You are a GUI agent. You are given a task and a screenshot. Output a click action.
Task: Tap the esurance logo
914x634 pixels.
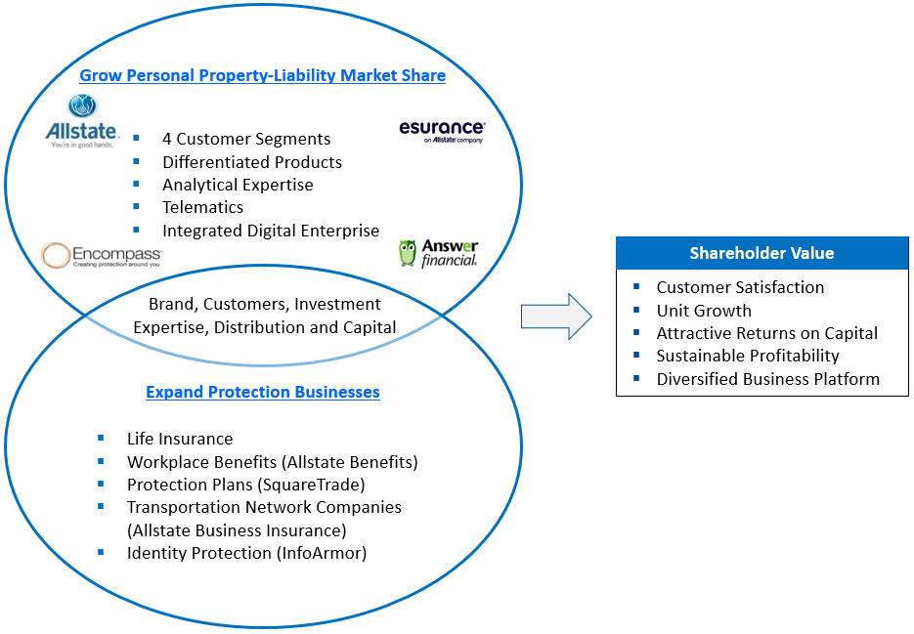click(442, 130)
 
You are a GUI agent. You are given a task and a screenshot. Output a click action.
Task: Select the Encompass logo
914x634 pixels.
click(101, 256)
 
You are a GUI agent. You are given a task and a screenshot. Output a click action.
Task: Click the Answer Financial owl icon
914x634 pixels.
click(408, 254)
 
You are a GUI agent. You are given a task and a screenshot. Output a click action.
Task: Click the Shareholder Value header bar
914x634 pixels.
click(762, 253)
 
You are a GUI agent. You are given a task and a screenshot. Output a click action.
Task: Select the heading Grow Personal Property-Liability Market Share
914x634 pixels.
click(262, 75)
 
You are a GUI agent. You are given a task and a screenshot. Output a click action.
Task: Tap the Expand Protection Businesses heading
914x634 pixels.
click(262, 392)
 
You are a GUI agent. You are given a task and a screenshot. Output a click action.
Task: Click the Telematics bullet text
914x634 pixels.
click(202, 207)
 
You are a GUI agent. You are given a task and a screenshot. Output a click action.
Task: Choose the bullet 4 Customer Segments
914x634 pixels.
click(246, 139)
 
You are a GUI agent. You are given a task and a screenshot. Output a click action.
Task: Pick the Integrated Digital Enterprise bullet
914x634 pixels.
click(271, 231)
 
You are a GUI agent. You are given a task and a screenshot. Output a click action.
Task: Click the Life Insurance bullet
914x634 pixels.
click(180, 439)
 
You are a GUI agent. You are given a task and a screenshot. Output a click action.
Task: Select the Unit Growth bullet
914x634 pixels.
click(704, 311)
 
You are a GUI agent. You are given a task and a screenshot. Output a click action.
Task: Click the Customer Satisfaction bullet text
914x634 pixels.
click(740, 287)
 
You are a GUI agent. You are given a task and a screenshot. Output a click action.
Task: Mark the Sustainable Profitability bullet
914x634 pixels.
click(748, 356)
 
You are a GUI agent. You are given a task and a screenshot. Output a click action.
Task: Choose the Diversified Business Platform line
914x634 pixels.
click(767, 379)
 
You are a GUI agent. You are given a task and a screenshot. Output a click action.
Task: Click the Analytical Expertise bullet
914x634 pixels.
click(238, 185)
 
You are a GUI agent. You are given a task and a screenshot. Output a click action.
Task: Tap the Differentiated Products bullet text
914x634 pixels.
click(252, 161)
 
